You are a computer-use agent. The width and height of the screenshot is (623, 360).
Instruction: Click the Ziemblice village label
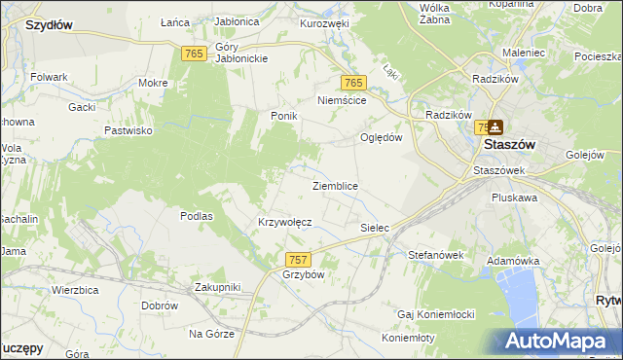pos(335,186)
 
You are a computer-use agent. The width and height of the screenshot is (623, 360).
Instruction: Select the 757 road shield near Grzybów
pos(299,259)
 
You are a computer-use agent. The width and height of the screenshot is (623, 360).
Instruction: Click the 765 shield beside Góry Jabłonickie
pos(193,54)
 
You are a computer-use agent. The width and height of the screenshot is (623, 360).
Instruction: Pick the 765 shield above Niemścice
pos(352,84)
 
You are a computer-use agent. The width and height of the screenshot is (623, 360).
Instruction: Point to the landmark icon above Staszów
pos(495,126)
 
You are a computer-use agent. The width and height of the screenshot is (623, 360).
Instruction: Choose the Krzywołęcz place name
pos(284,222)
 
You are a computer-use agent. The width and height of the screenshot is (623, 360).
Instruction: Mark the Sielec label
pos(375,228)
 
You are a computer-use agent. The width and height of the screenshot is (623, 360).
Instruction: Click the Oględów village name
pos(382,137)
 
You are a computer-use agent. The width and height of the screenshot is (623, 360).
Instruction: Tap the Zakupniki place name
pos(217,287)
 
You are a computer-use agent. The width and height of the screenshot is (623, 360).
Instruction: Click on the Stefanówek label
pos(437,255)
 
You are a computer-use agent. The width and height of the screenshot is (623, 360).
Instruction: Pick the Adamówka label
pos(513,261)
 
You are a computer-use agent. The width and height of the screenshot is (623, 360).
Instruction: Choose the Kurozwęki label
pos(324,22)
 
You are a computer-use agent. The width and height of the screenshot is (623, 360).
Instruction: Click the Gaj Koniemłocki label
pos(435,314)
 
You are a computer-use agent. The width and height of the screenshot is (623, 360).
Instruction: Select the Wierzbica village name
pos(78,290)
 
